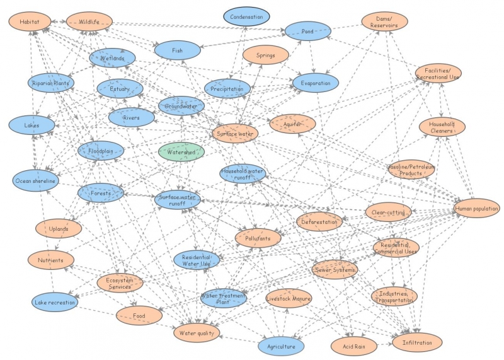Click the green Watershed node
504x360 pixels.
point(181,152)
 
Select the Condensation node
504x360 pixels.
point(246,17)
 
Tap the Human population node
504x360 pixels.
point(476,208)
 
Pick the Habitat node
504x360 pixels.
point(30,22)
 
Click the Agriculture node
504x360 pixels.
point(281,345)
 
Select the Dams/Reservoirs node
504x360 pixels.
point(384,22)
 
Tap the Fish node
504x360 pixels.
point(177,49)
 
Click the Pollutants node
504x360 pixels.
point(258,238)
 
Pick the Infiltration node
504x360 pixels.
point(416,342)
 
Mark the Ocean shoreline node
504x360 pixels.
point(35,182)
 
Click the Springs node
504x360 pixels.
point(265,55)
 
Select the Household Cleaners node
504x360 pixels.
point(442,127)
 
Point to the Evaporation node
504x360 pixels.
point(315,82)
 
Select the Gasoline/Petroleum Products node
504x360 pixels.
point(411,169)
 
